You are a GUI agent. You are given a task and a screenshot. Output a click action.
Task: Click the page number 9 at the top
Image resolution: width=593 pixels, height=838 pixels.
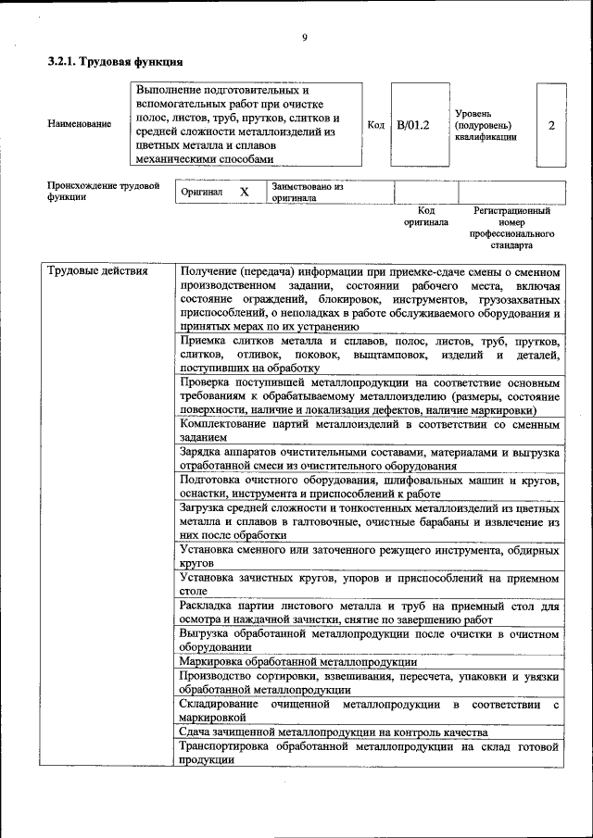304,38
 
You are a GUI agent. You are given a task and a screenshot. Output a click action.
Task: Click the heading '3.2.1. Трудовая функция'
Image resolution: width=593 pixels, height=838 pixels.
115,62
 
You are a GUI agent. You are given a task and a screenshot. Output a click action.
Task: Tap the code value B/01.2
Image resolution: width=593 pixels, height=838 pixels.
413,124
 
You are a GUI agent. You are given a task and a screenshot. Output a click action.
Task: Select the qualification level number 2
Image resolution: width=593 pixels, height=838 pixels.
552,124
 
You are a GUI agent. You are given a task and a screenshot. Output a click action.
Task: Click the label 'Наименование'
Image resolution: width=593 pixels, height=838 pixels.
80,124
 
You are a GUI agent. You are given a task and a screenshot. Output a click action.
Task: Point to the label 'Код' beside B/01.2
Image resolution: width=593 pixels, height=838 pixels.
376,124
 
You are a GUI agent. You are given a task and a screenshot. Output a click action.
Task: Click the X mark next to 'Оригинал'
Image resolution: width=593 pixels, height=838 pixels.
245,193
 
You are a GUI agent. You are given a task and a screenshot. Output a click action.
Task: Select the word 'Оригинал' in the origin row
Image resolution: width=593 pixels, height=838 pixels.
201,193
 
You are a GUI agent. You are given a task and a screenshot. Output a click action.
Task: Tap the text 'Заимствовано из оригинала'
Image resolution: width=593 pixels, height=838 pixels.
307,193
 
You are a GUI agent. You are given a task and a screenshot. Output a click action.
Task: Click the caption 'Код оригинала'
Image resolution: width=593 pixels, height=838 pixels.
425,217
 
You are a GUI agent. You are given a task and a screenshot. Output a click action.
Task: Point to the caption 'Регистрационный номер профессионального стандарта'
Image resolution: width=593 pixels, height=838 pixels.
511,229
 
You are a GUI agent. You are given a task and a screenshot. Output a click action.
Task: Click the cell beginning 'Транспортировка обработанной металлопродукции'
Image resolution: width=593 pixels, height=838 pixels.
370,753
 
